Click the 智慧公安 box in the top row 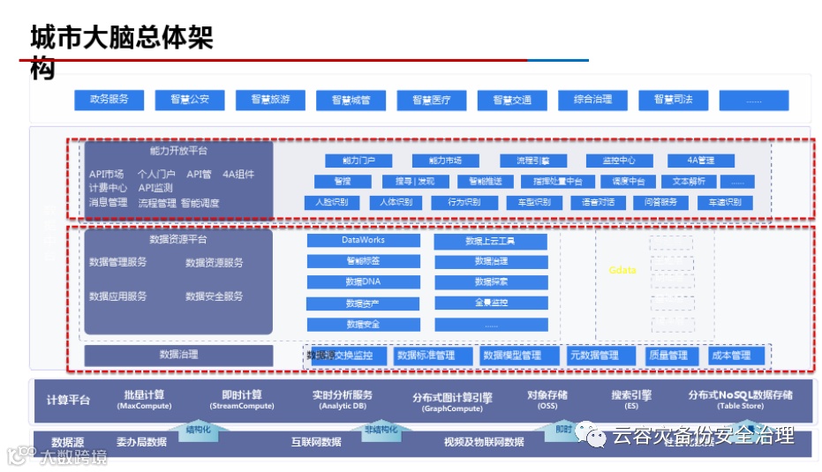190,100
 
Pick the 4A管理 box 702,161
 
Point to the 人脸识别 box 332,202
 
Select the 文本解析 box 689,182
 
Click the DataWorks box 363,240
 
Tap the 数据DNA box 363,282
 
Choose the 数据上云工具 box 491,240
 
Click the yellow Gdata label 622,270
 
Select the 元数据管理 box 593,356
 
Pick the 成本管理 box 730,356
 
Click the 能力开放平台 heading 178,151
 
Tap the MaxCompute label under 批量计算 144,407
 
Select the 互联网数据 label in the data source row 316,442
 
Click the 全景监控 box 491,303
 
